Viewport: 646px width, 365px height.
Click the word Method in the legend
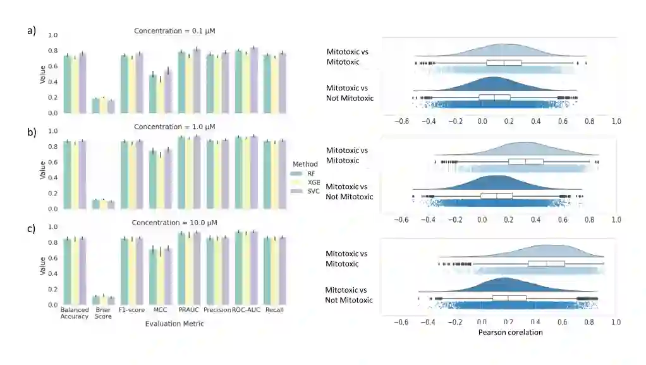coord(305,164)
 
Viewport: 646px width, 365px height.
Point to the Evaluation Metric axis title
coord(174,324)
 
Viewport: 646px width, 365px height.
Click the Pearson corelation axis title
coord(510,332)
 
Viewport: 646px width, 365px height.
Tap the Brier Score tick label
coord(102,313)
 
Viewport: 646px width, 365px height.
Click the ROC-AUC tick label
coord(245,310)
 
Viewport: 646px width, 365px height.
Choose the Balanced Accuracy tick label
coord(75,313)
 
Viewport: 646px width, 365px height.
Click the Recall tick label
coord(274,310)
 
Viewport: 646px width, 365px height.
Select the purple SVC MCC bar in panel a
coord(167,91)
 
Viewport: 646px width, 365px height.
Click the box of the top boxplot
coord(504,63)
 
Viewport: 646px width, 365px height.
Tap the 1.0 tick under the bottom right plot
coord(616,322)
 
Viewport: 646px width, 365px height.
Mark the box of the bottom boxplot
coord(509,298)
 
